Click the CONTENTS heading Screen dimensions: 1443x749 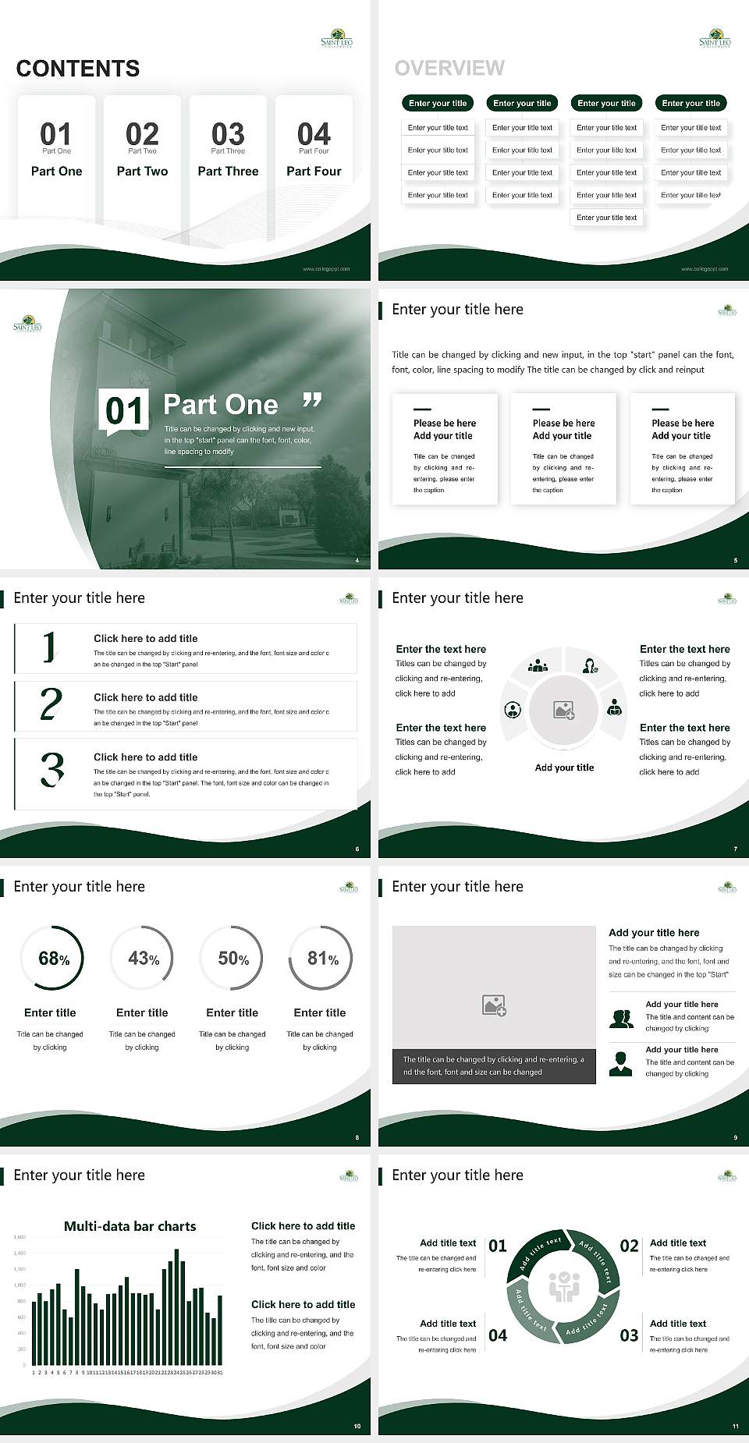click(x=78, y=69)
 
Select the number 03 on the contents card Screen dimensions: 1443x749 click(x=228, y=134)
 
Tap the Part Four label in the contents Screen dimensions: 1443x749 click(x=314, y=171)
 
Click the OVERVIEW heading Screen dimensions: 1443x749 click(x=449, y=69)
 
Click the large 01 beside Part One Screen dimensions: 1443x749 click(x=125, y=410)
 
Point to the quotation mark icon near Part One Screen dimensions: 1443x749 click(x=312, y=401)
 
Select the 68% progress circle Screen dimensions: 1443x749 click(x=52, y=958)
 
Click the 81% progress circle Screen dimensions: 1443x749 click(x=321, y=958)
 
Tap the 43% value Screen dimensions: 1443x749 click(x=143, y=958)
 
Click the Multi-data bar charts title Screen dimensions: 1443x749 click(x=130, y=1226)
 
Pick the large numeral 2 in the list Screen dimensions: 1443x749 click(x=51, y=704)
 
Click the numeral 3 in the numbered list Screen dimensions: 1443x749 click(x=51, y=770)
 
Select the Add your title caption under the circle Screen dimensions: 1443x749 click(x=564, y=768)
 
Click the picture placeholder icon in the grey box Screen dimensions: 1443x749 click(x=494, y=1005)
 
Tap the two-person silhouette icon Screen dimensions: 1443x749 click(x=621, y=1019)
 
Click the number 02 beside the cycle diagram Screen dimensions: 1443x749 click(x=629, y=1246)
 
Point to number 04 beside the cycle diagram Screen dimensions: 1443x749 click(x=498, y=1335)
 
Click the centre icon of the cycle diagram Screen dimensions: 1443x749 click(x=563, y=1286)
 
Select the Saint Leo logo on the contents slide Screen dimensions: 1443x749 click(x=337, y=39)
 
